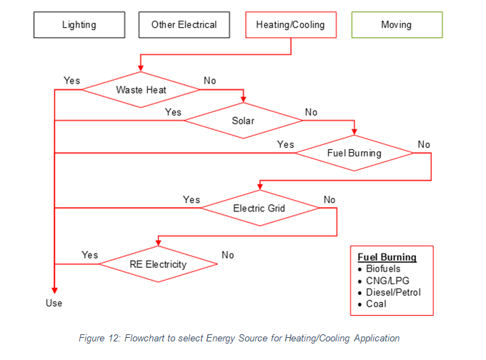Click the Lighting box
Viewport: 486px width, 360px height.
[79, 25]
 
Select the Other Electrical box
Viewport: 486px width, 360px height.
[184, 25]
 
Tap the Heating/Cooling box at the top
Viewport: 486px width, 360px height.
[290, 25]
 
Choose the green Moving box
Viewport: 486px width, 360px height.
[397, 25]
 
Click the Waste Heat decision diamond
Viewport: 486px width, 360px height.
[141, 90]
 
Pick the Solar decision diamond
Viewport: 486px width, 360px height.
[243, 121]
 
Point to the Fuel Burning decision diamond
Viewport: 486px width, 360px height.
[354, 153]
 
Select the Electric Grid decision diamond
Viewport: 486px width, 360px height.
[259, 209]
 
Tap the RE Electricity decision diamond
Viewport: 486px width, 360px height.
[158, 264]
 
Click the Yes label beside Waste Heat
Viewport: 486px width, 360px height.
[72, 81]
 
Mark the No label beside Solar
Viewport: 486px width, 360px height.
[311, 112]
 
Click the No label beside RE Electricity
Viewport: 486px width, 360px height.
[228, 255]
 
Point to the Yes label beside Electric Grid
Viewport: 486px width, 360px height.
[192, 199]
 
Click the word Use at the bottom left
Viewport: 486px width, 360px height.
[54, 303]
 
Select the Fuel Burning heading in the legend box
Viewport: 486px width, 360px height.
[387, 257]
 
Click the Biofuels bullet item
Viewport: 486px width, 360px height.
[383, 269]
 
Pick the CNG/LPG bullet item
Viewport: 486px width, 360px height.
[386, 281]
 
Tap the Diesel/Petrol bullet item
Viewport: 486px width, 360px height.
[393, 292]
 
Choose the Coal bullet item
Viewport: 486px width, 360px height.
[376, 304]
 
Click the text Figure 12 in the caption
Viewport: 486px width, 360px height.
[101, 338]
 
